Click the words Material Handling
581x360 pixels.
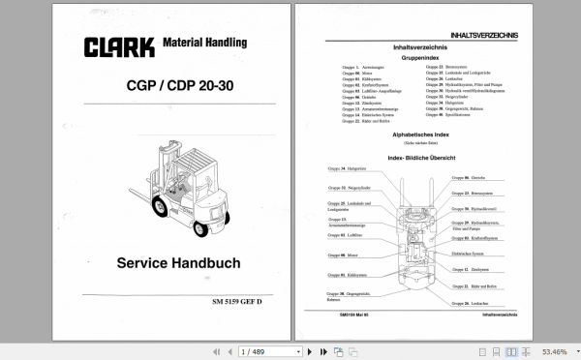pyautogui.click(x=204, y=43)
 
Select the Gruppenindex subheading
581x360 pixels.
pyautogui.click(x=418, y=56)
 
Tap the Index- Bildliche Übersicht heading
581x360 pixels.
pyautogui.click(x=418, y=156)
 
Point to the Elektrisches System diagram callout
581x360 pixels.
pyautogui.click(x=478, y=253)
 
